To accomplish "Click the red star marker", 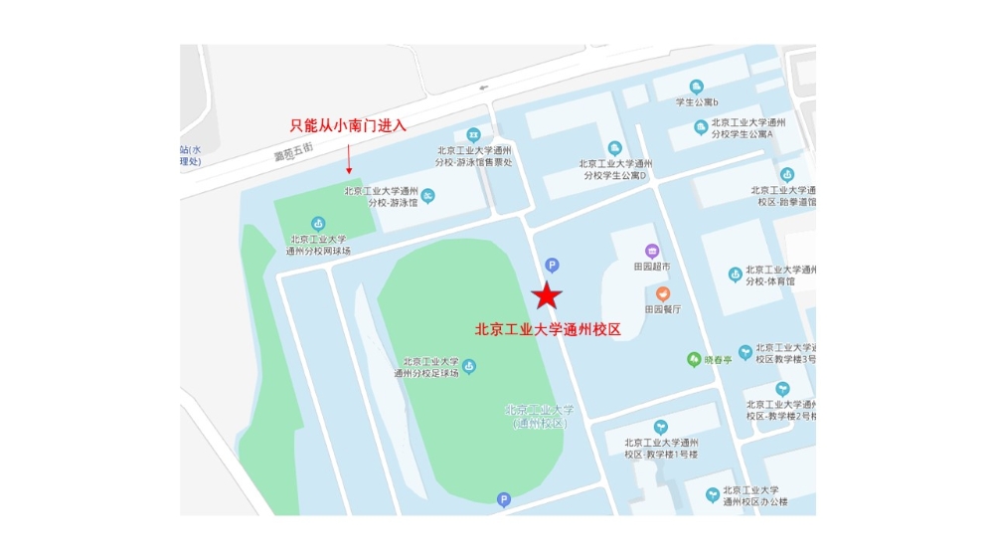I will (547, 294).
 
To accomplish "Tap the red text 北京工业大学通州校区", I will (548, 329).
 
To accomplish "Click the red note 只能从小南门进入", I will (348, 125).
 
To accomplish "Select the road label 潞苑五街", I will (293, 152).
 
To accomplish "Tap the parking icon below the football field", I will (503, 499).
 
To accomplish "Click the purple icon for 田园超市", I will (652, 251).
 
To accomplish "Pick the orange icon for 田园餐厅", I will (662, 293).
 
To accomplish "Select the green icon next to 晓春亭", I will (694, 359).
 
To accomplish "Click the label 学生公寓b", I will (697, 102).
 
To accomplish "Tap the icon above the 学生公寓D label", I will (615, 148).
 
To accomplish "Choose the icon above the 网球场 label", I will (318, 223).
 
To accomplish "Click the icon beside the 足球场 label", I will (469, 367).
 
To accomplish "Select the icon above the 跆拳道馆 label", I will (786, 174).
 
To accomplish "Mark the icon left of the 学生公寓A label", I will (702, 126).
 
